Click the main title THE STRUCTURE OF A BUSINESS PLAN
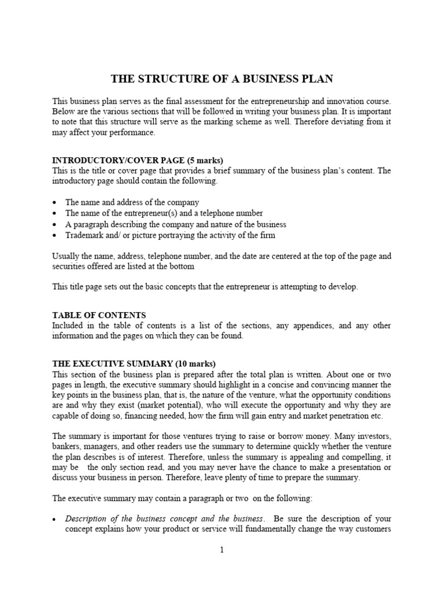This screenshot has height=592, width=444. pos(221,79)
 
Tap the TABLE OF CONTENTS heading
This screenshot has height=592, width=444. pos(99,315)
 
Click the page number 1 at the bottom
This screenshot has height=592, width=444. pos(221,550)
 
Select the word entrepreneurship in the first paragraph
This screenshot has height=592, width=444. pos(288,101)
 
